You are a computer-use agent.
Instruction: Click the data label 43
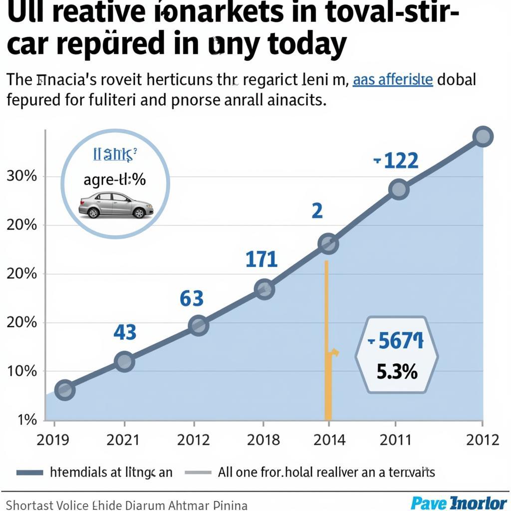(125, 332)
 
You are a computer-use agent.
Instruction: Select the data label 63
(192, 299)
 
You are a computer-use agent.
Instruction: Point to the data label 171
(261, 259)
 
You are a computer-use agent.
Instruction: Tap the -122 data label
(396, 161)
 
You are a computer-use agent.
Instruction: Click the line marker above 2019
(64, 390)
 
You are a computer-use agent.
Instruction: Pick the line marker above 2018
(264, 289)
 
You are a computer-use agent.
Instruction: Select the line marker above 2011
(399, 190)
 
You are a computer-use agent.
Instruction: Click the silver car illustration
(116, 205)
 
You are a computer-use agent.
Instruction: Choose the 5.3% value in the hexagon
(397, 372)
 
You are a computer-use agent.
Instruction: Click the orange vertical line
(327, 339)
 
